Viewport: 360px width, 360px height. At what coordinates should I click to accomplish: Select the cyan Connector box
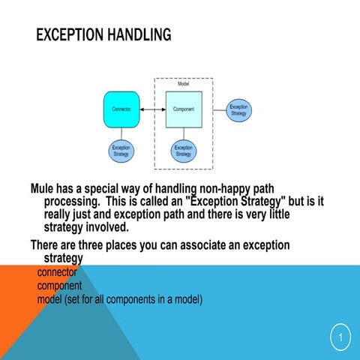pyautogui.click(x=121, y=109)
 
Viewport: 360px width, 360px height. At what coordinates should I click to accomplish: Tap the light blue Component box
pyautogui.click(x=183, y=109)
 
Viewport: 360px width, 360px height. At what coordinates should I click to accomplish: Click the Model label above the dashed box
pyautogui.click(x=183, y=84)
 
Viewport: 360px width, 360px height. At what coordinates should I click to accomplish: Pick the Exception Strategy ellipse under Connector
pyautogui.click(x=121, y=151)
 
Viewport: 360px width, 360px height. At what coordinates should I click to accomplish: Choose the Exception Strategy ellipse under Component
pyautogui.click(x=183, y=151)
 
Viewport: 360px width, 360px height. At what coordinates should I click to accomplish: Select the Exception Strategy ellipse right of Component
pyautogui.click(x=238, y=109)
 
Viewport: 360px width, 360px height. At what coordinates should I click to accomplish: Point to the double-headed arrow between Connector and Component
pyautogui.click(x=152, y=109)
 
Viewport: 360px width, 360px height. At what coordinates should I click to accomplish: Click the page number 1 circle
pyautogui.click(x=340, y=339)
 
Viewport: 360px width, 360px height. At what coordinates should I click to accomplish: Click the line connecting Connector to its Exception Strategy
pyautogui.click(x=121, y=133)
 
